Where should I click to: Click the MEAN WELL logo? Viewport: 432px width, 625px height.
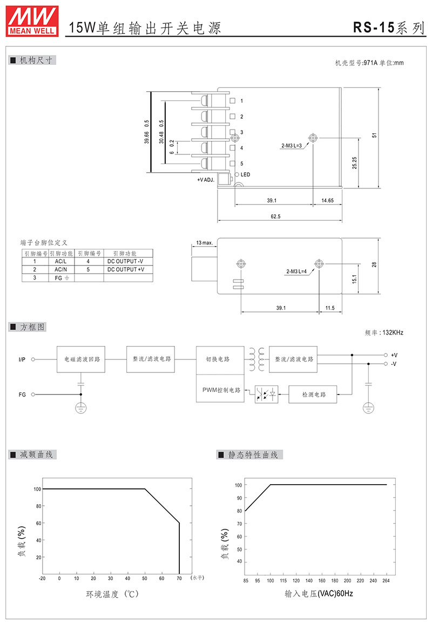coord(32,21)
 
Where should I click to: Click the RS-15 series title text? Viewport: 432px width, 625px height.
coord(388,28)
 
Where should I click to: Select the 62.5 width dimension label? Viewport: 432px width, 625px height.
coord(275,216)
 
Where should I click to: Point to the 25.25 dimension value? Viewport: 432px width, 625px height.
coord(355,162)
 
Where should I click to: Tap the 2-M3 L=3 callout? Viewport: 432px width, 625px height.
coord(292,146)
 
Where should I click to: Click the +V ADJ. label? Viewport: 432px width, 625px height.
coord(206,180)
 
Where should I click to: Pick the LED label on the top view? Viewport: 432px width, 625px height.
coord(245,174)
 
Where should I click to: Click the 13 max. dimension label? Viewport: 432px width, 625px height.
coord(205,242)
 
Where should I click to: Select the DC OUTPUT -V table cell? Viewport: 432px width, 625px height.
coord(125,261)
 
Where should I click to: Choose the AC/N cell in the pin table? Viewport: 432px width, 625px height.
coord(61,269)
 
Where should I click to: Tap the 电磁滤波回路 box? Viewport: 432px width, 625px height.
coord(81,359)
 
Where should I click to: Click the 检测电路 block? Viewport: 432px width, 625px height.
coord(313,394)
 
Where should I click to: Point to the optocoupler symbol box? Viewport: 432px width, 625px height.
coord(266,394)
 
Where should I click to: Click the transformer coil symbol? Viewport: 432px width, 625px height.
coord(256,359)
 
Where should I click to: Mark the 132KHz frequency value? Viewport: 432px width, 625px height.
coord(393,332)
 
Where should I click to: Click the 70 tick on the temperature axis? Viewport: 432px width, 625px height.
coord(179,579)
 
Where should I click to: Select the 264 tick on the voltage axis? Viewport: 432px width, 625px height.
coord(386,580)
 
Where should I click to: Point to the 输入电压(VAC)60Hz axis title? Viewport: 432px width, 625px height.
coord(319,594)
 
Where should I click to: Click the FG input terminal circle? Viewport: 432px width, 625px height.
coord(33,395)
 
